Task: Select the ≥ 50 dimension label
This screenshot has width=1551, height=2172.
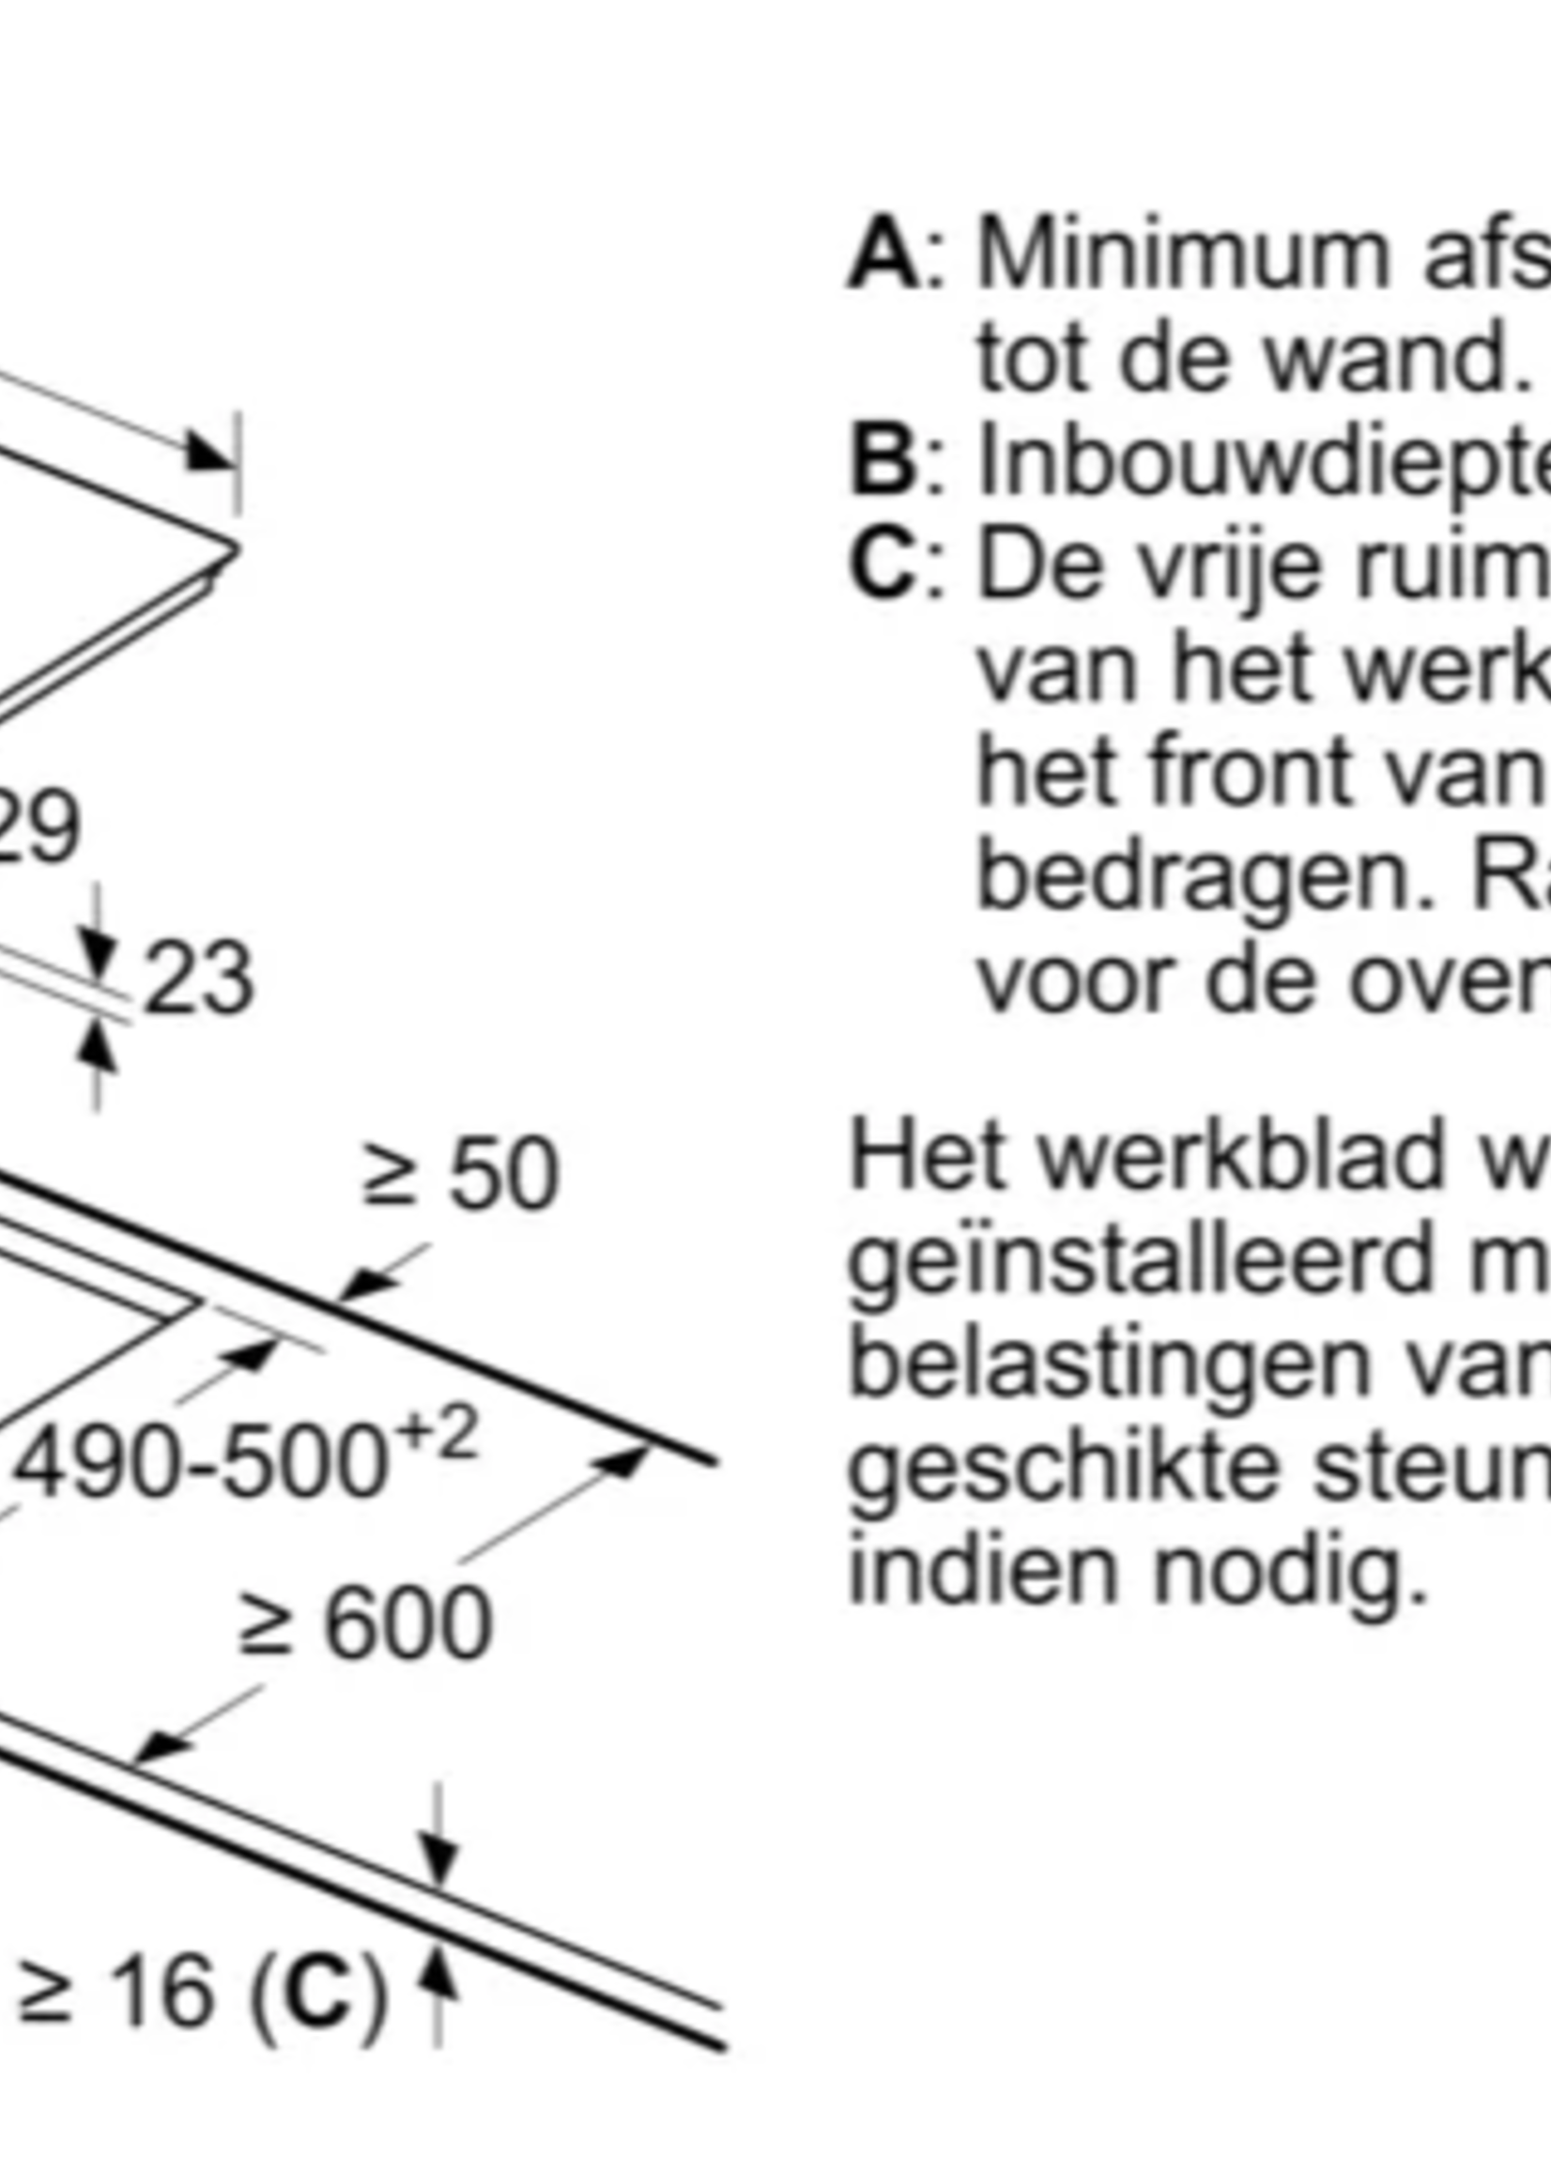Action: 460,1174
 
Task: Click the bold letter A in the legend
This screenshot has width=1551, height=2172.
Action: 883,256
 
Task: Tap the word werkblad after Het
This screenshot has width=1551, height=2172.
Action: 1241,1158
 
